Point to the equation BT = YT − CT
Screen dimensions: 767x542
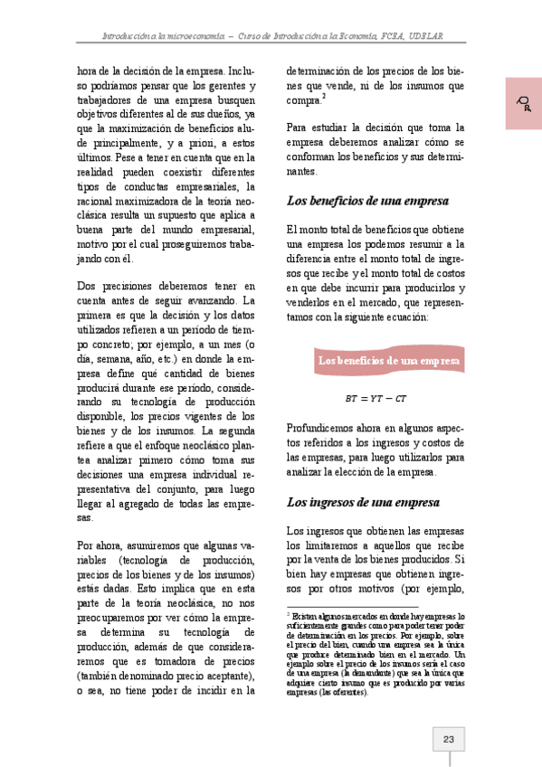[x=376, y=398]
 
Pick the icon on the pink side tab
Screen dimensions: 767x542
[x=523, y=102]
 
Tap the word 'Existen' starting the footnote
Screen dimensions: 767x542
[x=305, y=615]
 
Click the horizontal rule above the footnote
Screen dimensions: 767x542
[x=352, y=607]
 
